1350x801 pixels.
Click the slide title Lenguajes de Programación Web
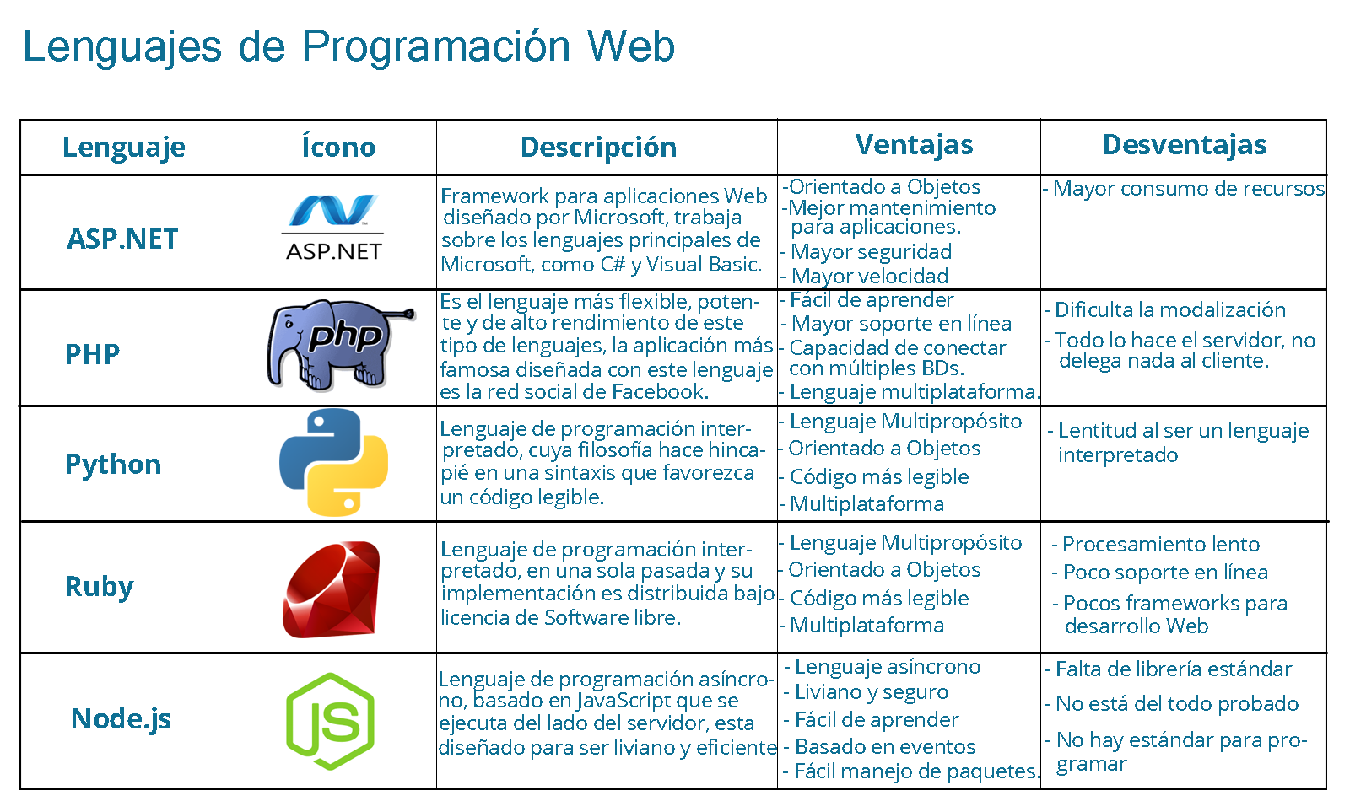348,46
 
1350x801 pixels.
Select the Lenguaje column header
124,148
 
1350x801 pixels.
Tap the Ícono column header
338,148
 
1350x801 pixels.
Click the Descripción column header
598,148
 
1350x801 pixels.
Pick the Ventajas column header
914,145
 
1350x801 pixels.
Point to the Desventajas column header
1185,145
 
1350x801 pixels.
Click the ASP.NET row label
123,239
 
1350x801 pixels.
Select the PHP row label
93,354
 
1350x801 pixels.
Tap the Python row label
113,465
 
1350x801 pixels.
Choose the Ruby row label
100,587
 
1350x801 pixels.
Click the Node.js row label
121,719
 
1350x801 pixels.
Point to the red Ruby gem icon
332,589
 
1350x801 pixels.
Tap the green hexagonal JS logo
330,722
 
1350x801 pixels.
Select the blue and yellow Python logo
334,462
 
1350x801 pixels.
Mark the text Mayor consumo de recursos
1188,189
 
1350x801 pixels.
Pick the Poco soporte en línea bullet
1164,573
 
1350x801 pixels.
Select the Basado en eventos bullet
884,747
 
